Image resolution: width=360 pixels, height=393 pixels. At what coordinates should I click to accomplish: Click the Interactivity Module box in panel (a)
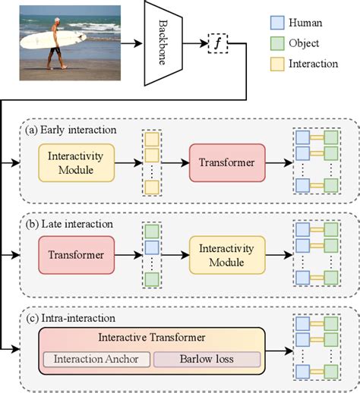click(x=76, y=162)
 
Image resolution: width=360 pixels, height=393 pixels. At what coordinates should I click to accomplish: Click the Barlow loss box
click(x=207, y=359)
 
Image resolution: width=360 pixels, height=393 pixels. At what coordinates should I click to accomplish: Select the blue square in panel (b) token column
click(x=152, y=247)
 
